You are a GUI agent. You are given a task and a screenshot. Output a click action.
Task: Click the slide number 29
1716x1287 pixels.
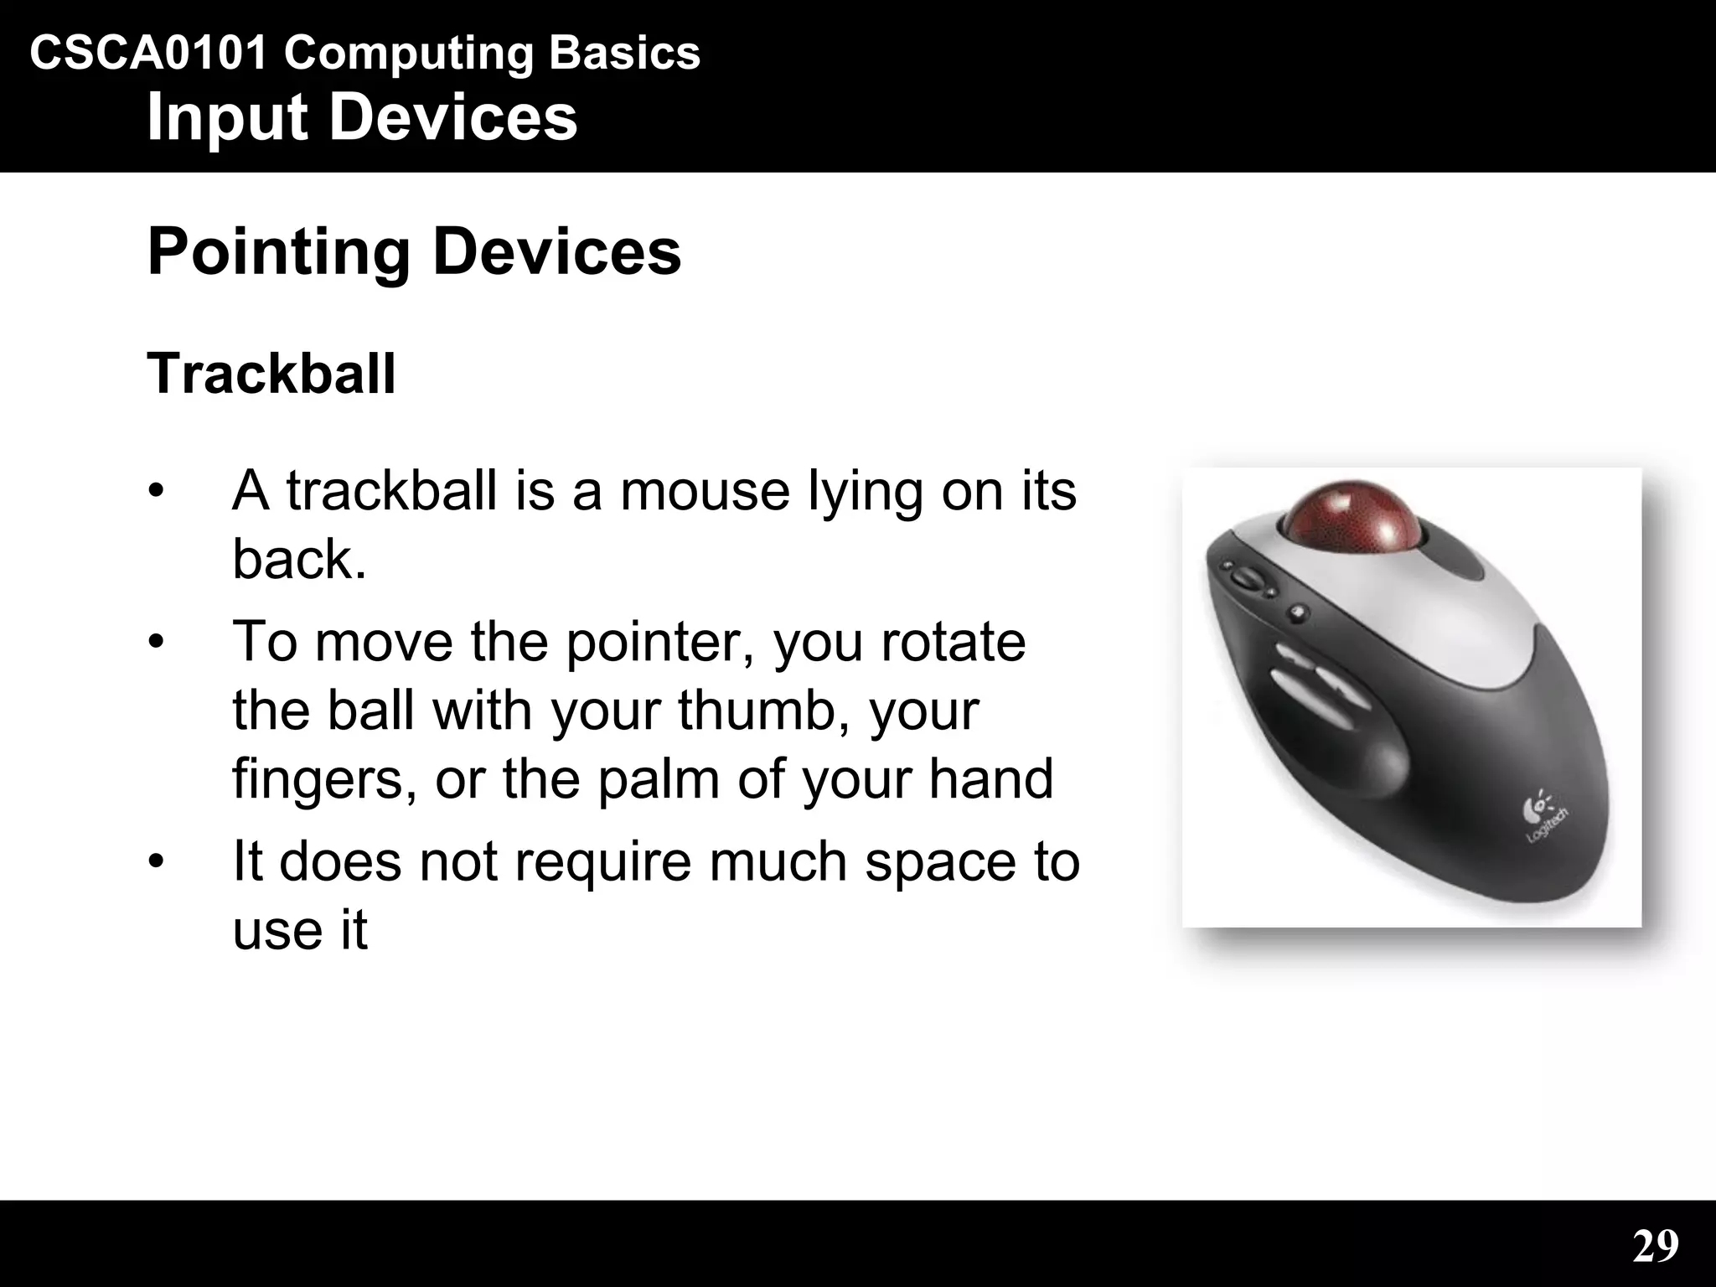click(1656, 1246)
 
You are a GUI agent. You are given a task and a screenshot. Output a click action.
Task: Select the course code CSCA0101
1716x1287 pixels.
click(148, 54)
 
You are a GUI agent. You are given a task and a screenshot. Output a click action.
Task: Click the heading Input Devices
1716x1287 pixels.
click(362, 117)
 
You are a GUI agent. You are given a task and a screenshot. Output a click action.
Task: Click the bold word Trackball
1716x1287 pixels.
click(271, 374)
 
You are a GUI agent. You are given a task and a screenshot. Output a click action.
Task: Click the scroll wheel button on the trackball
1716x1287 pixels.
click(1248, 579)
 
